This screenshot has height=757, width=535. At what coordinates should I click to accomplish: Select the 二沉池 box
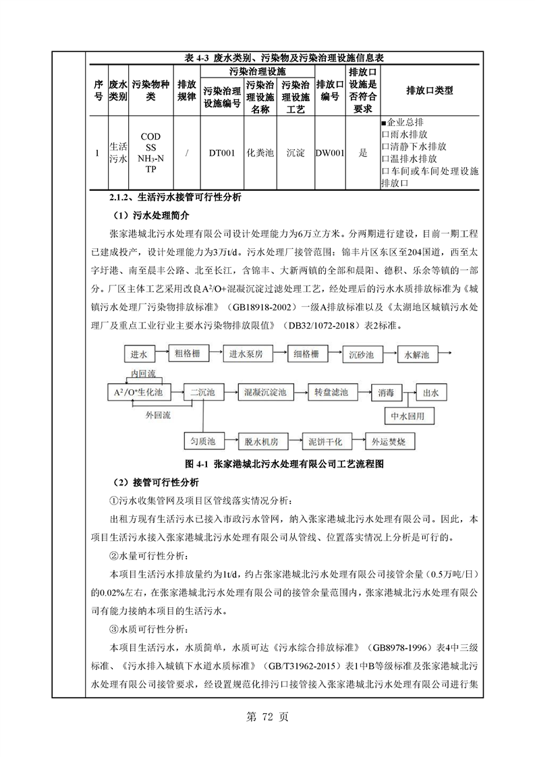coord(202,391)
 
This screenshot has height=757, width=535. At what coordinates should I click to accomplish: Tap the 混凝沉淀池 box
coord(265,391)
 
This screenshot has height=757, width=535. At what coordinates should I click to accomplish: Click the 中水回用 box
coord(407,416)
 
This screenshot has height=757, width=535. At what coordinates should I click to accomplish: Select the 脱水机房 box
coord(261,441)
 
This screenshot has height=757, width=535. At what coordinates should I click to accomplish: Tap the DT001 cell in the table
coord(221,153)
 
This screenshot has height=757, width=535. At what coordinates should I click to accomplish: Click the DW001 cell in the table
coord(330,153)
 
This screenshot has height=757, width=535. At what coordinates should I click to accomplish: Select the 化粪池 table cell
coord(260,153)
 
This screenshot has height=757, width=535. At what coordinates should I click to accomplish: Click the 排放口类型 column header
coord(430,90)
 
